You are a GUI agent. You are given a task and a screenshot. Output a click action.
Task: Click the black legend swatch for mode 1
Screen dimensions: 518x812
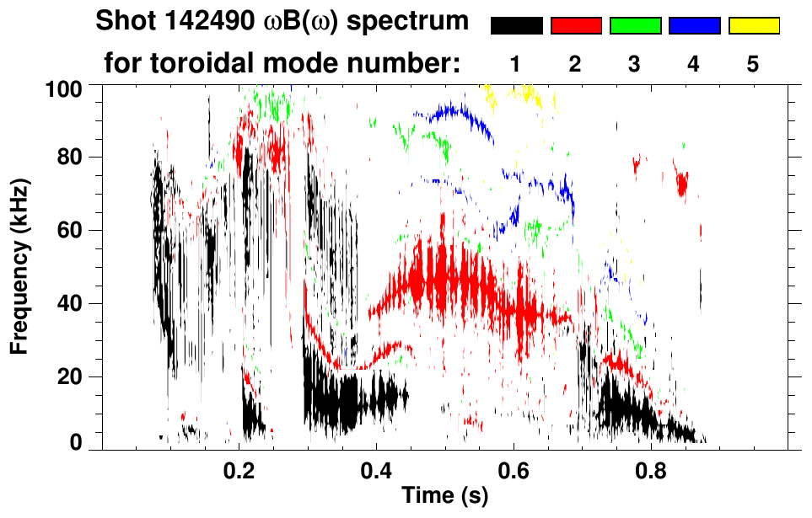516,26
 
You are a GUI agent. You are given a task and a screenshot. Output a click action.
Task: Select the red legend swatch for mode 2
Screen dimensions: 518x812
576,26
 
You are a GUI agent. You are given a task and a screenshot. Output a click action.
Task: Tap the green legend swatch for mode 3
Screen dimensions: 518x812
635,26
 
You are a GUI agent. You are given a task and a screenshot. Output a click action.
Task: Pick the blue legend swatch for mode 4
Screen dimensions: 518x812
694,26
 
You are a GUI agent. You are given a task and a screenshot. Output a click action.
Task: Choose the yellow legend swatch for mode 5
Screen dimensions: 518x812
754,26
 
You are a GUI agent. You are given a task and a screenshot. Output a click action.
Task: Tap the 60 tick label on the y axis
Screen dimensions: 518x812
71,230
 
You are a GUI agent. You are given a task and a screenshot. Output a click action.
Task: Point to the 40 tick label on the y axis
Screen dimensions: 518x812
71,303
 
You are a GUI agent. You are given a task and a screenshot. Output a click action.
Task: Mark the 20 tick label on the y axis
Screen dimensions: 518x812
71,376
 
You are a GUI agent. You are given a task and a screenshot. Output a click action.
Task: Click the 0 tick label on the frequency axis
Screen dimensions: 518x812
77,443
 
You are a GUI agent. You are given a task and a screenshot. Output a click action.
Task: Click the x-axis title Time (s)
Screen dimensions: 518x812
444,496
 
